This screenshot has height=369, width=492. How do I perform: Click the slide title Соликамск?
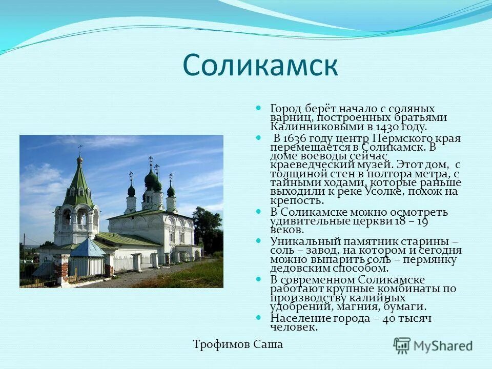(x=260, y=65)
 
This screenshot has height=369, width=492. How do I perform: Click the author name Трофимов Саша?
(x=238, y=344)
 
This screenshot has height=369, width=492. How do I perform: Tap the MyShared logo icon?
(x=402, y=345)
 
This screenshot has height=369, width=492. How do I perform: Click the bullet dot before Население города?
(x=259, y=317)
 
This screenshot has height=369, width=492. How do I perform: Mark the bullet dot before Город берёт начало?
(x=259, y=109)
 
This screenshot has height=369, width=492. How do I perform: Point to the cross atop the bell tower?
(x=79, y=149)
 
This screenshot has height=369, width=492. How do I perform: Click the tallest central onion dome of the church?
(x=151, y=178)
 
